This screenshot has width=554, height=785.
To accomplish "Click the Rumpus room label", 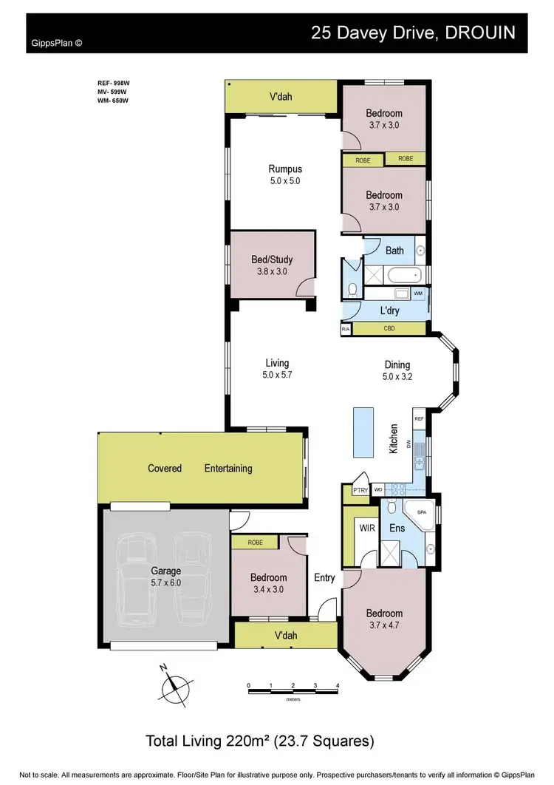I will (285, 169).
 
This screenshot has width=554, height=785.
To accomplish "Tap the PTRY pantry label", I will (360, 490).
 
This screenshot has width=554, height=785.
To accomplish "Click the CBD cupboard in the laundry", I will (389, 328).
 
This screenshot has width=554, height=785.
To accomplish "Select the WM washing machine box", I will (418, 294).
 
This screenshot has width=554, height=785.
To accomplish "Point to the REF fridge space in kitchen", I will (419, 418).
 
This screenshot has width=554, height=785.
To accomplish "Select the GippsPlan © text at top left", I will (57, 43).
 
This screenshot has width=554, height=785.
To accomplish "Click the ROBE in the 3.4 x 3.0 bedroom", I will (255, 542).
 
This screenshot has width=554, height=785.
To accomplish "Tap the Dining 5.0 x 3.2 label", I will (397, 370).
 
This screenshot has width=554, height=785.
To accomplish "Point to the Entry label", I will (324, 578).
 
